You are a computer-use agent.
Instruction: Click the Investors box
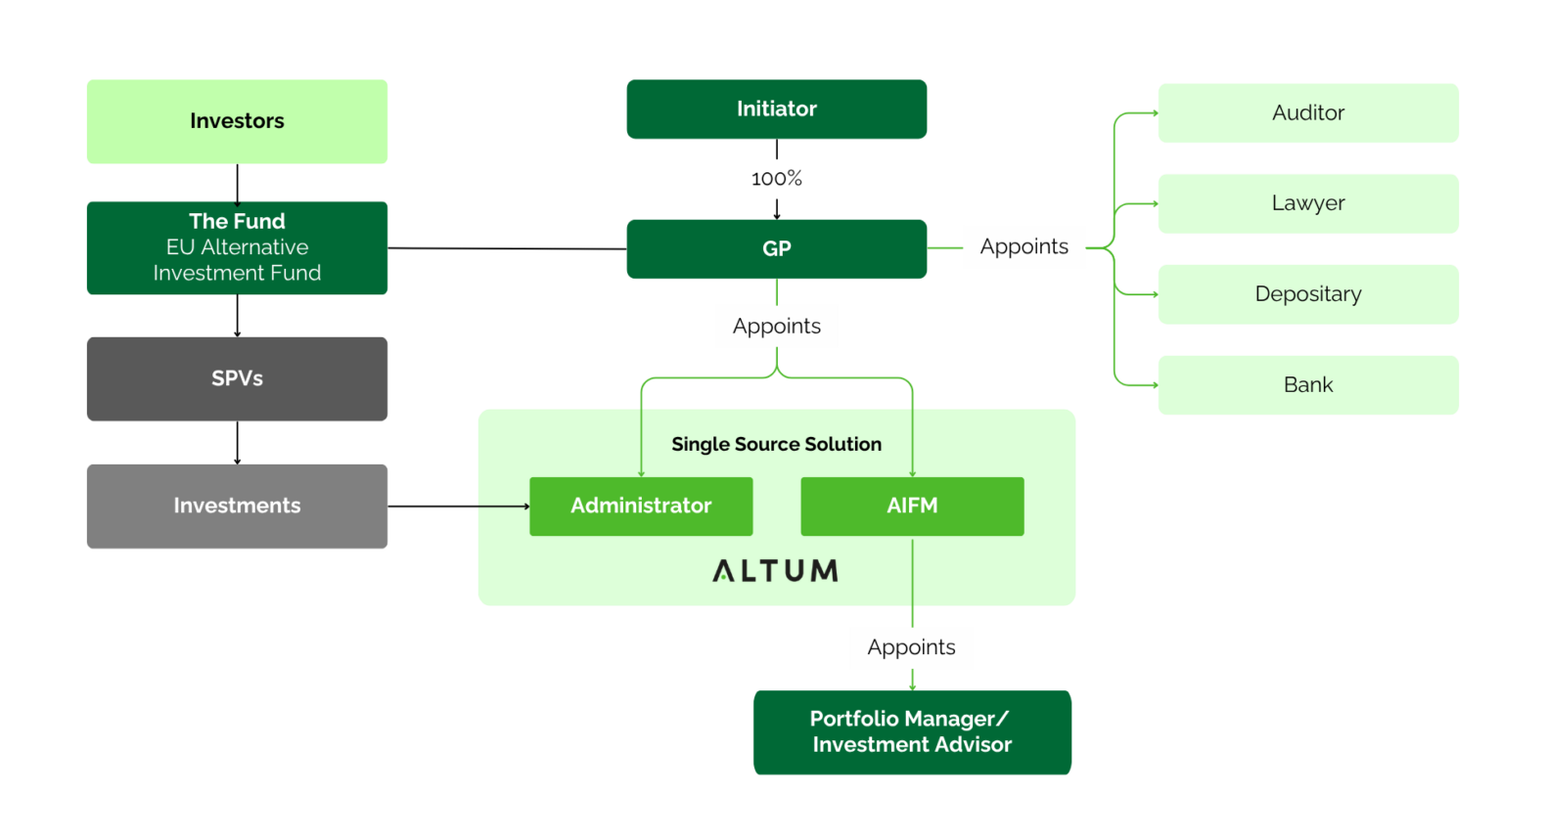(x=237, y=121)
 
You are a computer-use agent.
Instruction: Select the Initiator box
(x=777, y=109)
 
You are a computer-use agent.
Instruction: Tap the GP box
(x=777, y=249)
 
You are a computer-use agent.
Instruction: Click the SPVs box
(x=237, y=378)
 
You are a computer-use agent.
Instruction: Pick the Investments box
(x=237, y=507)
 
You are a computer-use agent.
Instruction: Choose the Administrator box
(x=641, y=507)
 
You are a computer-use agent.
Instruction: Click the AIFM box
(x=912, y=507)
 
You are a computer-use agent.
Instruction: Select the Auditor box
(x=1308, y=113)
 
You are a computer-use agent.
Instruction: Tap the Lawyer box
(x=1308, y=203)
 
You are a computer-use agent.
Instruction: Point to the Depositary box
(x=1308, y=294)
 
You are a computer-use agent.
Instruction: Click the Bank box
(x=1308, y=384)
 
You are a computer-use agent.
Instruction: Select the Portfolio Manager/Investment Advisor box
(x=912, y=732)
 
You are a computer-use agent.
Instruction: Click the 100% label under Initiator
(x=777, y=179)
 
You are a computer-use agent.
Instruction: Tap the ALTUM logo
(x=776, y=571)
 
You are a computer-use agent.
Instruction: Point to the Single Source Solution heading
(x=777, y=444)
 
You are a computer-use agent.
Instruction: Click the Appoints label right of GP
(x=1024, y=246)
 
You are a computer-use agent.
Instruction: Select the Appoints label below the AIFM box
(x=912, y=647)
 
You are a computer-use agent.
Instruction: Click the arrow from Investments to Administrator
(x=459, y=507)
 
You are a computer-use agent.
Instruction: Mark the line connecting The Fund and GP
(x=507, y=248)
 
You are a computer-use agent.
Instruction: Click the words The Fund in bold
(x=237, y=221)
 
